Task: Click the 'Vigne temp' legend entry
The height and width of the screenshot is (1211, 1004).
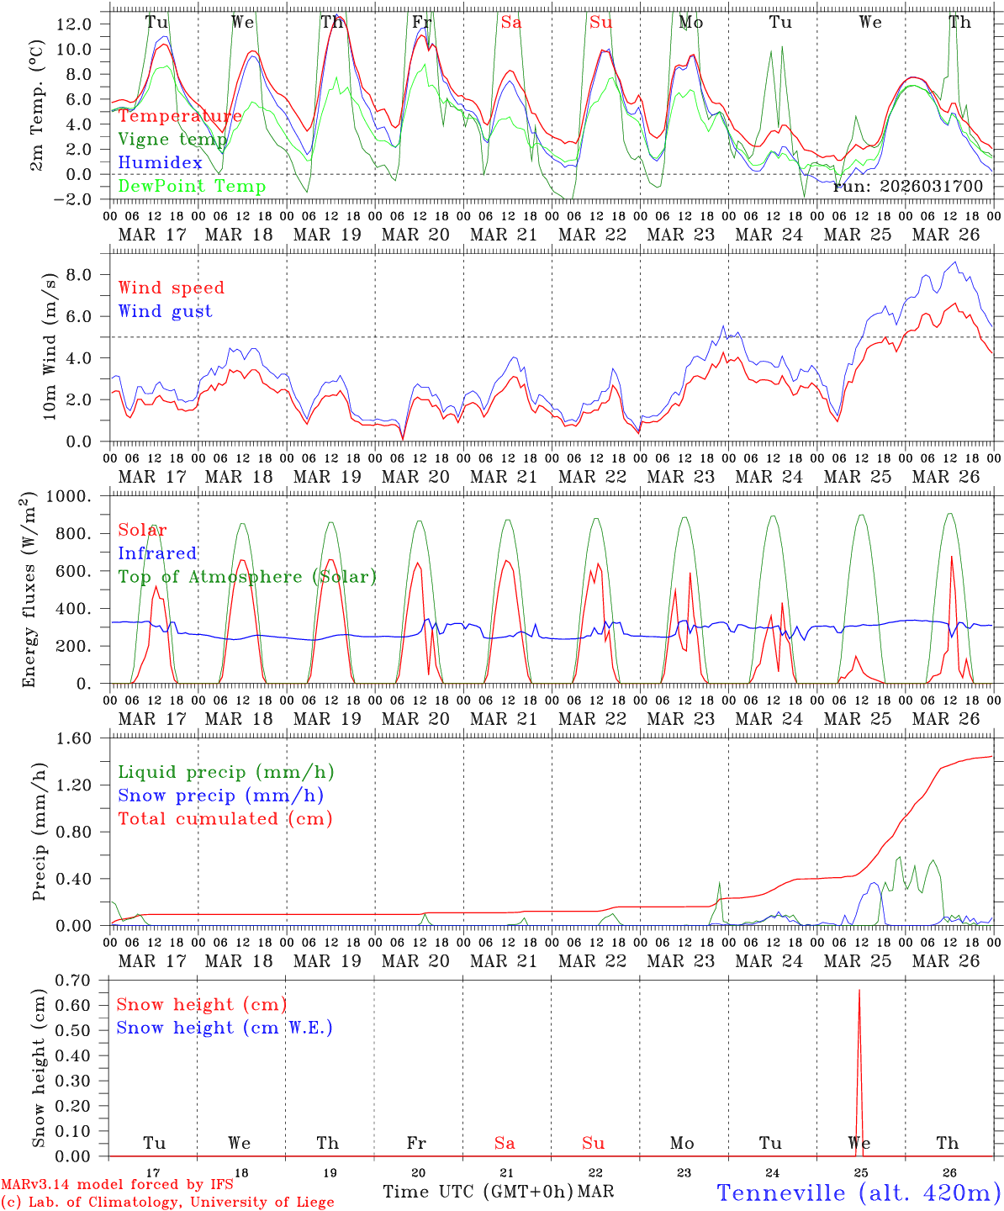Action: (172, 140)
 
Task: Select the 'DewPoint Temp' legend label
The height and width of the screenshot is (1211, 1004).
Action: (192, 187)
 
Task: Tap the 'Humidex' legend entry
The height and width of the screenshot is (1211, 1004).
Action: (160, 163)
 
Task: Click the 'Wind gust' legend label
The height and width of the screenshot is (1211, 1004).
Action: (165, 311)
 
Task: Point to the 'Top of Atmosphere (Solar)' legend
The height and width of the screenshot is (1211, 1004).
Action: (246, 577)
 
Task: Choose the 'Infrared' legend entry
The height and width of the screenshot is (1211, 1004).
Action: (157, 553)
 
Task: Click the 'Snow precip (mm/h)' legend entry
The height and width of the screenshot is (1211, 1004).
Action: (220, 796)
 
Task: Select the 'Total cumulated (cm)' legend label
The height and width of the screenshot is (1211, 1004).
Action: (225, 819)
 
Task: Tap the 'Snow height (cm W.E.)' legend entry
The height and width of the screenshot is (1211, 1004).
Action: (224, 1028)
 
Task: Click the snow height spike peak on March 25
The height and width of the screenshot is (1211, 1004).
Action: (859, 991)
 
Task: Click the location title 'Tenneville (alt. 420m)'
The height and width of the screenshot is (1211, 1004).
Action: (858, 1192)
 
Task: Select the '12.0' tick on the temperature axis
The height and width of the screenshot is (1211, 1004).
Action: (74, 24)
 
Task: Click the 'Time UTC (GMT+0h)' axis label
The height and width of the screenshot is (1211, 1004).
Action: (478, 1192)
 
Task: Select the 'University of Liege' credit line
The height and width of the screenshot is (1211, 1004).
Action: (168, 1203)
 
